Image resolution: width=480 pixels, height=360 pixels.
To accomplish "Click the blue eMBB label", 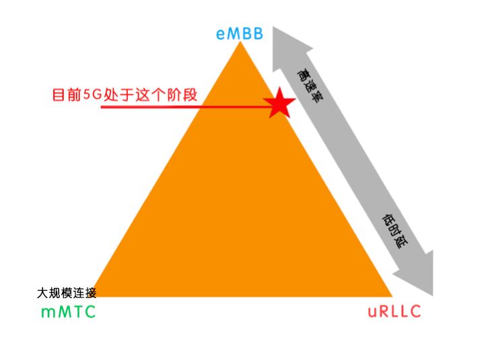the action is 239,33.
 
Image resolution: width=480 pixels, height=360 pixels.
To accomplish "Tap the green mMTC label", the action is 68,312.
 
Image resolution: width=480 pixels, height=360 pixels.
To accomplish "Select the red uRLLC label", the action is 394,312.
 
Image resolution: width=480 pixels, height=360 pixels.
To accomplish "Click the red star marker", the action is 279,104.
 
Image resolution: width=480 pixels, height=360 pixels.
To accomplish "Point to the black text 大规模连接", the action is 67,293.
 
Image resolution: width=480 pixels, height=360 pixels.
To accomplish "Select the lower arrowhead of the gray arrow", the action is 417,278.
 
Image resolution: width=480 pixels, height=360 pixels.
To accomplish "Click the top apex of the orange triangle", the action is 240,44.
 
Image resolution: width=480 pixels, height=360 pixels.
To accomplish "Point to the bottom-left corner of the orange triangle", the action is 94,295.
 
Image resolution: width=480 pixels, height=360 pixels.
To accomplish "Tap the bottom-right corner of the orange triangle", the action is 390,295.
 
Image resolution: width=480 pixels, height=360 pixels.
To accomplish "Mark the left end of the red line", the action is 102,106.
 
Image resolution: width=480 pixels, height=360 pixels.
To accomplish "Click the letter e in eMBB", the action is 220,34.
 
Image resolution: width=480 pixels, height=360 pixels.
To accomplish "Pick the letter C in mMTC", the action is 89,312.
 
